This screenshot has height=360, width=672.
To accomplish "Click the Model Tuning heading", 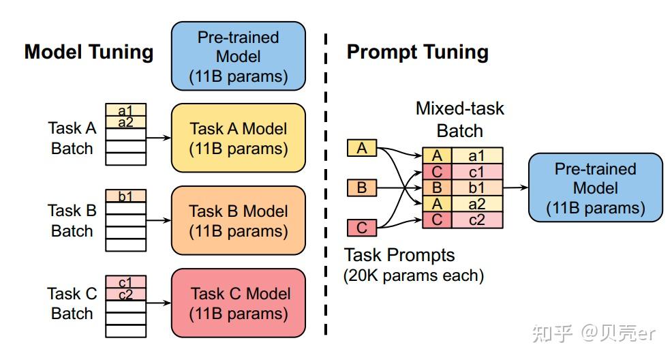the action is [x=89, y=52].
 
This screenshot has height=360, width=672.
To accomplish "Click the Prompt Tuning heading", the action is [x=417, y=52].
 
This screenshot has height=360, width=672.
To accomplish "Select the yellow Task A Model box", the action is [x=239, y=138].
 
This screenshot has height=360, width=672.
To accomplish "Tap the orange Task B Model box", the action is [x=239, y=220].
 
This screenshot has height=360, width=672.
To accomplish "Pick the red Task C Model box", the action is [x=239, y=303].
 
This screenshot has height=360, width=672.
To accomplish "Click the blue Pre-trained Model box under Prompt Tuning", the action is [x=595, y=187].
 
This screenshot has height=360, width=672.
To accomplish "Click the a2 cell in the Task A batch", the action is [x=125, y=122].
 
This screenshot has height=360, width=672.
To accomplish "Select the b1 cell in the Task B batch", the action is [x=125, y=196].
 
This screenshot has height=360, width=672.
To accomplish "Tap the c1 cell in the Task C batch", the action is [x=125, y=282].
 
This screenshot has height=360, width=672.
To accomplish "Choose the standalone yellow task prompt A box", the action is [x=362, y=148].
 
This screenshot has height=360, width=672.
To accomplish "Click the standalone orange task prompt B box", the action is [x=362, y=187].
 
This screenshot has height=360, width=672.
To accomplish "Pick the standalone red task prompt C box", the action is [x=362, y=228].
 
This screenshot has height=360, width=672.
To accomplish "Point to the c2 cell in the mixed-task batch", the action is [x=477, y=220].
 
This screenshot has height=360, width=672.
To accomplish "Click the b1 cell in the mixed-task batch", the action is [x=477, y=187].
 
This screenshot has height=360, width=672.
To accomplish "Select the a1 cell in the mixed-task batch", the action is [x=477, y=155].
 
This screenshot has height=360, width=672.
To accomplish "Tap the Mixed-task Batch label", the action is [x=460, y=119].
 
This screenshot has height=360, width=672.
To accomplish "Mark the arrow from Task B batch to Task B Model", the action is [x=159, y=220].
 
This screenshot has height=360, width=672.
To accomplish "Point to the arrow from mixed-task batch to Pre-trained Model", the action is [x=515, y=187].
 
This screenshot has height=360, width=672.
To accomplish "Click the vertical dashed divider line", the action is [x=326, y=184].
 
